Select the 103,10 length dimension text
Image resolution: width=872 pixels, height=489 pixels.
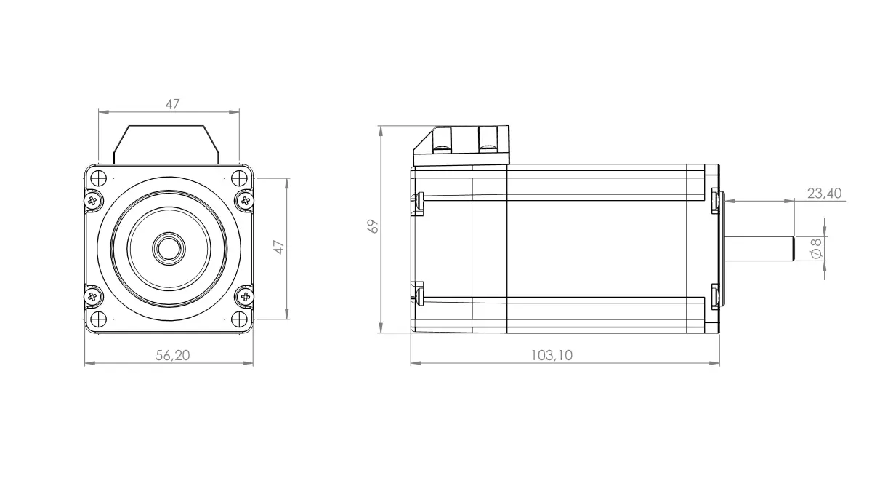(552, 354)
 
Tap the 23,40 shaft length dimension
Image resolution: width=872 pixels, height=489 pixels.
(824, 193)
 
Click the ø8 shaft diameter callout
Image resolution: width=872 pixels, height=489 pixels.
(815, 248)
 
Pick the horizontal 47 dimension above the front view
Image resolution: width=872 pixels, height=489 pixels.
(171, 104)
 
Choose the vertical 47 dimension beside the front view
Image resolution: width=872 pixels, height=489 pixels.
(278, 247)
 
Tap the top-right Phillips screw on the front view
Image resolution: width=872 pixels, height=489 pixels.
(246, 199)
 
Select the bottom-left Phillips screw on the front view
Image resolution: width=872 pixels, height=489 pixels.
(92, 296)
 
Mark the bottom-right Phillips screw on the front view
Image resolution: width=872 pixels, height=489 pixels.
(246, 296)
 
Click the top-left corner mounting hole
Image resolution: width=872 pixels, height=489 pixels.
(100, 178)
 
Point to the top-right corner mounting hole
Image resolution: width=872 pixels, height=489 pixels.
(238, 178)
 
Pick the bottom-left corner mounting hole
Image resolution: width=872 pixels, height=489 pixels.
(100, 317)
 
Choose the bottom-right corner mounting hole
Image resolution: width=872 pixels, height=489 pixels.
(238, 317)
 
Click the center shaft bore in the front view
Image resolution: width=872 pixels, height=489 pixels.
(169, 247)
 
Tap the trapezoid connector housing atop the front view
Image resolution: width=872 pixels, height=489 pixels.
(166, 143)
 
